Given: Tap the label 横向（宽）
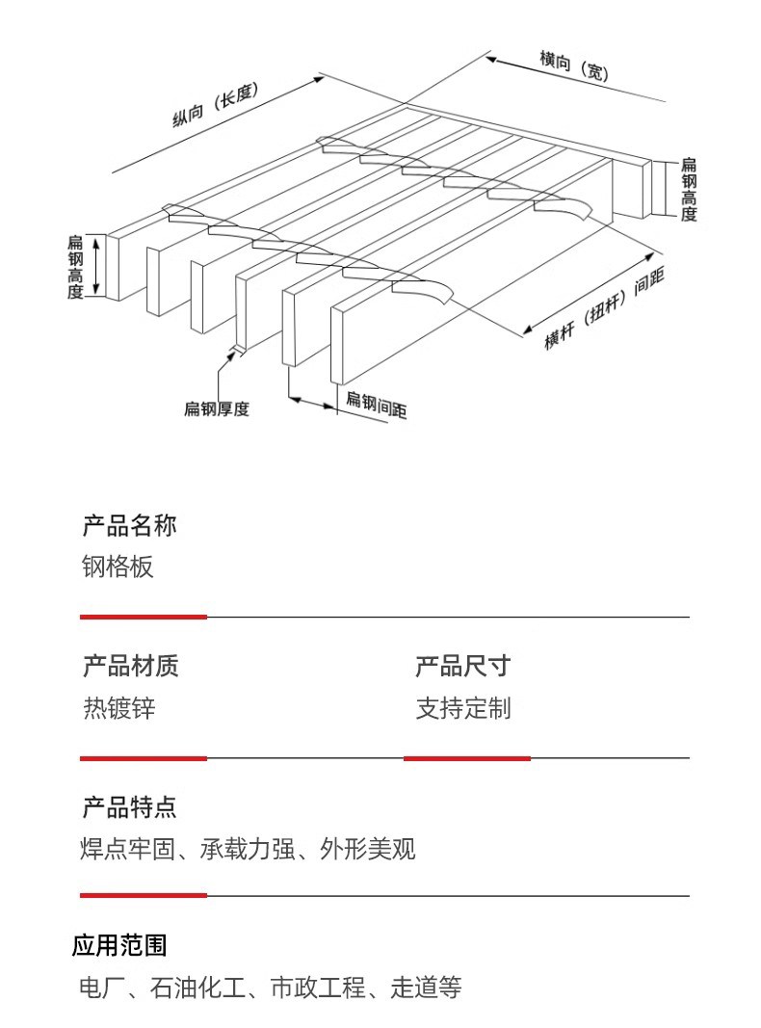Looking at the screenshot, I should [x=574, y=66].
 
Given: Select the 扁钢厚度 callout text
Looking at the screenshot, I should [x=216, y=409].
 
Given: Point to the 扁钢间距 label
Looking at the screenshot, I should [x=376, y=405].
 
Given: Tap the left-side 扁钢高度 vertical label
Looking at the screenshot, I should [x=75, y=267].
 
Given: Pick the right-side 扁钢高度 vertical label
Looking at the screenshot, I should [x=688, y=190].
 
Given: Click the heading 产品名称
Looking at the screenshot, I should [x=129, y=526].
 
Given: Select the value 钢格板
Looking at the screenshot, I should [x=118, y=567].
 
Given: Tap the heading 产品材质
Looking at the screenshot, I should [x=130, y=666].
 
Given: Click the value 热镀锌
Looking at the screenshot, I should [x=118, y=709].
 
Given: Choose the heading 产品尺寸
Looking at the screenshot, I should [x=462, y=666].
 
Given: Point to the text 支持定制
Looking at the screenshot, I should [x=462, y=709].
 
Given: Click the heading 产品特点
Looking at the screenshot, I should [x=129, y=807].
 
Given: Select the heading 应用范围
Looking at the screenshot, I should [x=119, y=945].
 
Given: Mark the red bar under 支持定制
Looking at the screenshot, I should [x=467, y=758].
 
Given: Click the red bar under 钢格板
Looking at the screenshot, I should [x=143, y=617].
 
